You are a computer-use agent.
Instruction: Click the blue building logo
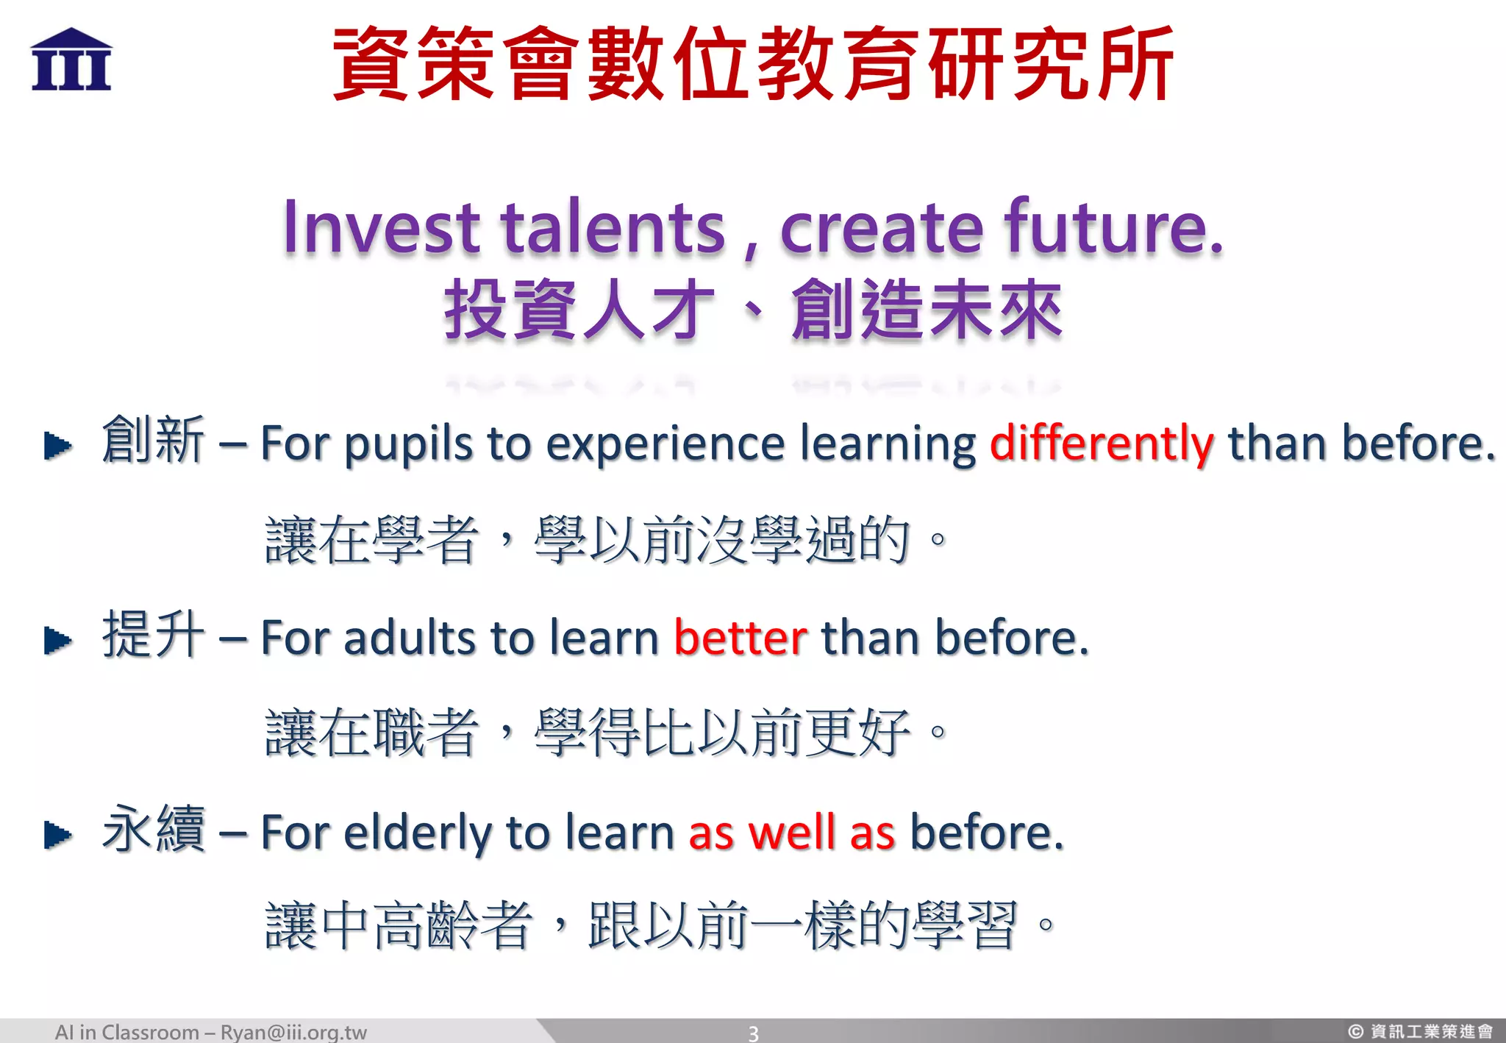[71, 60]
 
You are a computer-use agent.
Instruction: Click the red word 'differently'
[1101, 444]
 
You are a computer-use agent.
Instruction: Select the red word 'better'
[740, 638]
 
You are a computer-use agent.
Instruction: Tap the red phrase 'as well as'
[791, 833]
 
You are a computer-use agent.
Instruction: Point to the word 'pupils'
[408, 446]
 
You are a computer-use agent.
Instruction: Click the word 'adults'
[411, 638]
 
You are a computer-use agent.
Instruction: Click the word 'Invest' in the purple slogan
[382, 228]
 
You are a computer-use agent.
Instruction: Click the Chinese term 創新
[153, 440]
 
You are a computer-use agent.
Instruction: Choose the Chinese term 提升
[153, 634]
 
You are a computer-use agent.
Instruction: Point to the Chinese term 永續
[153, 829]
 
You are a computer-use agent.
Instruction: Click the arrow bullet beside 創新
[57, 446]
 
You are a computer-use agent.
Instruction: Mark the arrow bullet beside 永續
[57, 835]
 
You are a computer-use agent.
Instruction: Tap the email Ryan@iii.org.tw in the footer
[293, 1032]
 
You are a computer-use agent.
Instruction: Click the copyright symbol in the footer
[1355, 1032]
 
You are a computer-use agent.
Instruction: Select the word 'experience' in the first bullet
[665, 446]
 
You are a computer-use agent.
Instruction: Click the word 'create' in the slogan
[881, 228]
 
